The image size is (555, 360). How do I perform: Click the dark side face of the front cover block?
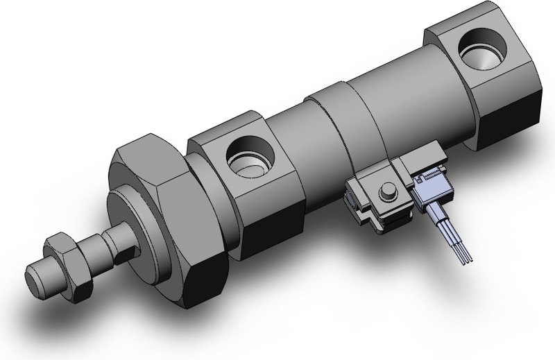tap(274, 222)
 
